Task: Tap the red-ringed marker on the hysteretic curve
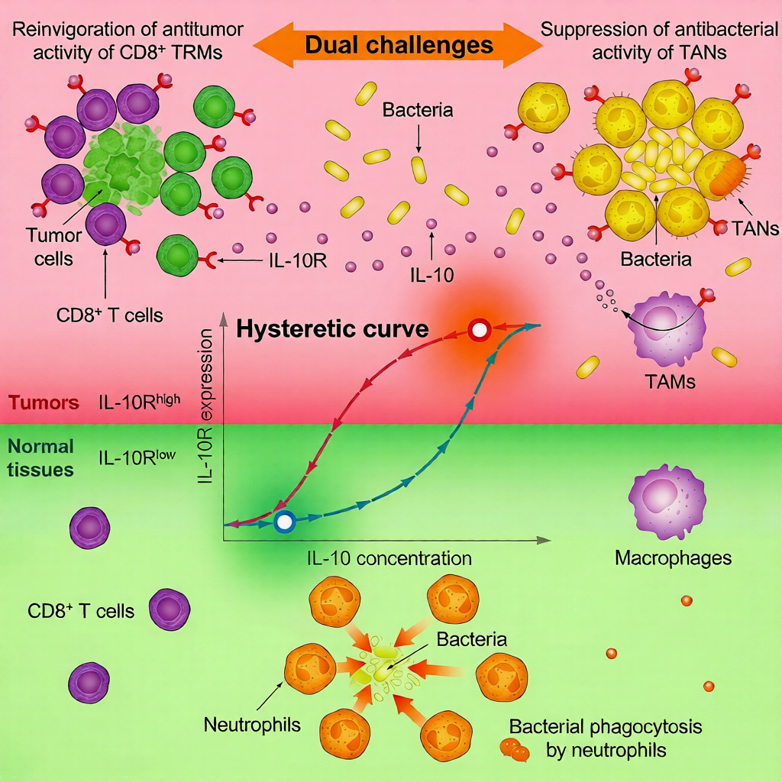479,331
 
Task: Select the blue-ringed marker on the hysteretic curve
284,522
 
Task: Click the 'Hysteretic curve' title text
332,330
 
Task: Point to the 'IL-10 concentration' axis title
389,558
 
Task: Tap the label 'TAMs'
669,381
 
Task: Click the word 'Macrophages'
673,558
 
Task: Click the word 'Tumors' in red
43,402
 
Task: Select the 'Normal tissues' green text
40,457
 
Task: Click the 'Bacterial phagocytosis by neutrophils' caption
606,738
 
